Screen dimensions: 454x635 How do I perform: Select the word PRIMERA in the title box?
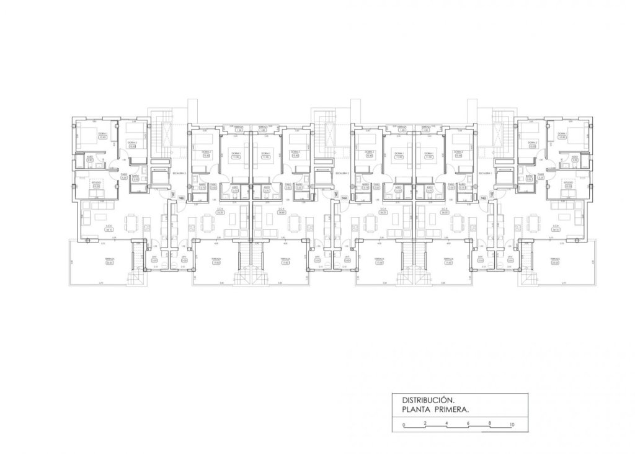pyautogui.click(x=451, y=410)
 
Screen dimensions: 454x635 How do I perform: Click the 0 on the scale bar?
pyautogui.click(x=403, y=424)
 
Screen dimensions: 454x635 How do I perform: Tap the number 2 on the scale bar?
pyautogui.click(x=425, y=423)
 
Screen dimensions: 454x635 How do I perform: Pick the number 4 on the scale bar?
pyautogui.click(x=447, y=423)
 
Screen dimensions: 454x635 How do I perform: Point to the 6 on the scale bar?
pyautogui.click(x=469, y=423)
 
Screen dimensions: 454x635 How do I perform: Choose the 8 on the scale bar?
pyautogui.click(x=490, y=423)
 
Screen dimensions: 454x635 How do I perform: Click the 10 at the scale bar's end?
pyautogui.click(x=512, y=424)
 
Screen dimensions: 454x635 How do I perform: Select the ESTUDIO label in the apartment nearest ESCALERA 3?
pyautogui.click(x=96, y=183)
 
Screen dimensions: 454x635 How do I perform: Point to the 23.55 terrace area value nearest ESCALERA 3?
pyautogui.click(x=110, y=263)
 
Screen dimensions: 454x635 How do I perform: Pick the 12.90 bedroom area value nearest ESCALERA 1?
pyautogui.click(x=562, y=137)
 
